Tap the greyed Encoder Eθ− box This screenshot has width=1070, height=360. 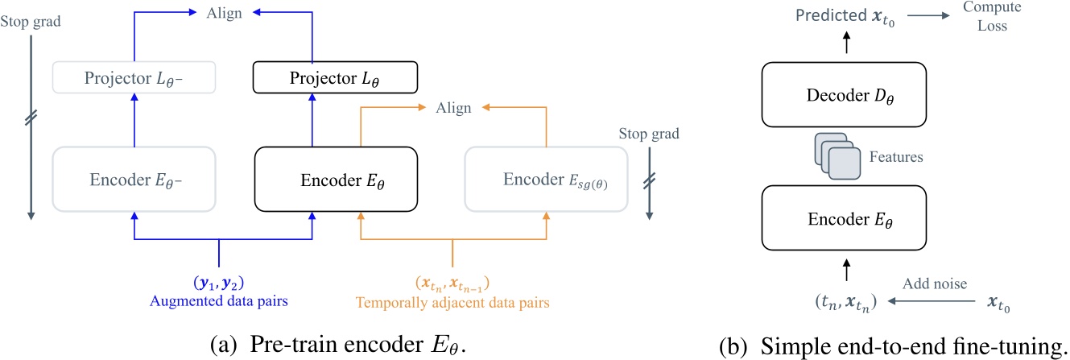133,180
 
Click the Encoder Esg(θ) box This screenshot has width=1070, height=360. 546,180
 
